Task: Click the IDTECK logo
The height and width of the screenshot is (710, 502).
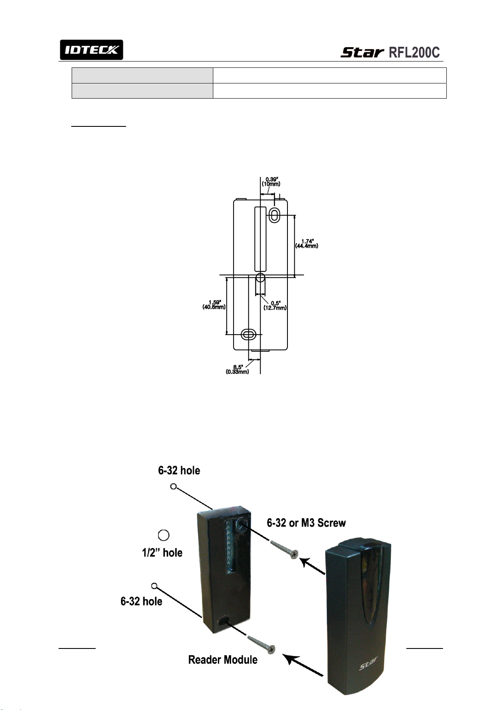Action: tap(91, 50)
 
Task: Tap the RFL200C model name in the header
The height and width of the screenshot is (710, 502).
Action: tap(414, 52)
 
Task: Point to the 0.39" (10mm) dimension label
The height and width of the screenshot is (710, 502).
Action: tap(271, 182)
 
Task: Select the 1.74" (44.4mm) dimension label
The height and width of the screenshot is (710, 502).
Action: tap(307, 244)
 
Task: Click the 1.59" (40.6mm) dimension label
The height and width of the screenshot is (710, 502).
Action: tap(214, 305)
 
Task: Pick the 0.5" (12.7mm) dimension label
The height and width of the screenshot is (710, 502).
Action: tap(275, 305)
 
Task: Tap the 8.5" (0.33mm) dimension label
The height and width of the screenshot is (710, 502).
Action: tap(237, 370)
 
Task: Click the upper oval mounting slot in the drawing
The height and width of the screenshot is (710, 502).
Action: tap(274, 215)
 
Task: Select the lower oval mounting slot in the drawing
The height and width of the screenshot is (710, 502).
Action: tap(249, 334)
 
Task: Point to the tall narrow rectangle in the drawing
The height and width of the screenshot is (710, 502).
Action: tap(260, 238)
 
